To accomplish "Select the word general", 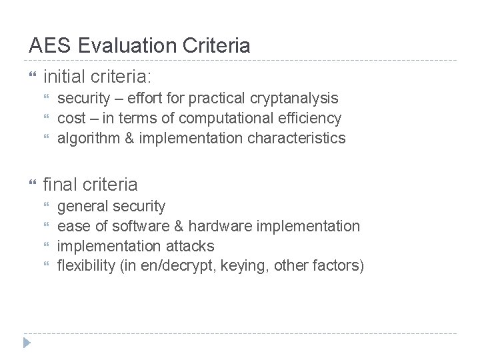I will click(x=83, y=207).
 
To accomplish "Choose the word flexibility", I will click(x=87, y=267).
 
